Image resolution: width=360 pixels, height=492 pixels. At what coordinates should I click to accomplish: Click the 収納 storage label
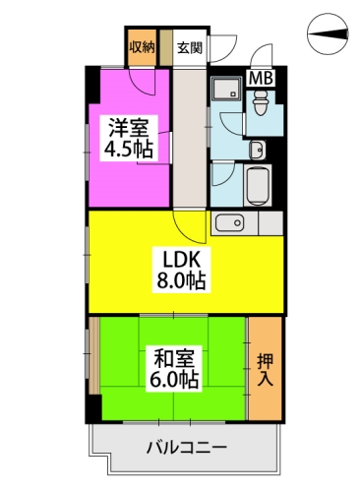point(141,47)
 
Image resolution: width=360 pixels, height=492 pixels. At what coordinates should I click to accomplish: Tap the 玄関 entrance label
point(190,47)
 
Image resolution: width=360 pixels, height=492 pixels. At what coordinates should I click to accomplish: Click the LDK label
point(183,259)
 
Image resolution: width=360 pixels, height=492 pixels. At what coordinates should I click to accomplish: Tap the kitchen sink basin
point(232,222)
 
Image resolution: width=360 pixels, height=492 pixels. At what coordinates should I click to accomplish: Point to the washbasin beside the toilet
point(257,151)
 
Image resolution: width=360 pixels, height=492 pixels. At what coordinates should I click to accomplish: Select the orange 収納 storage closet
point(141,51)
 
